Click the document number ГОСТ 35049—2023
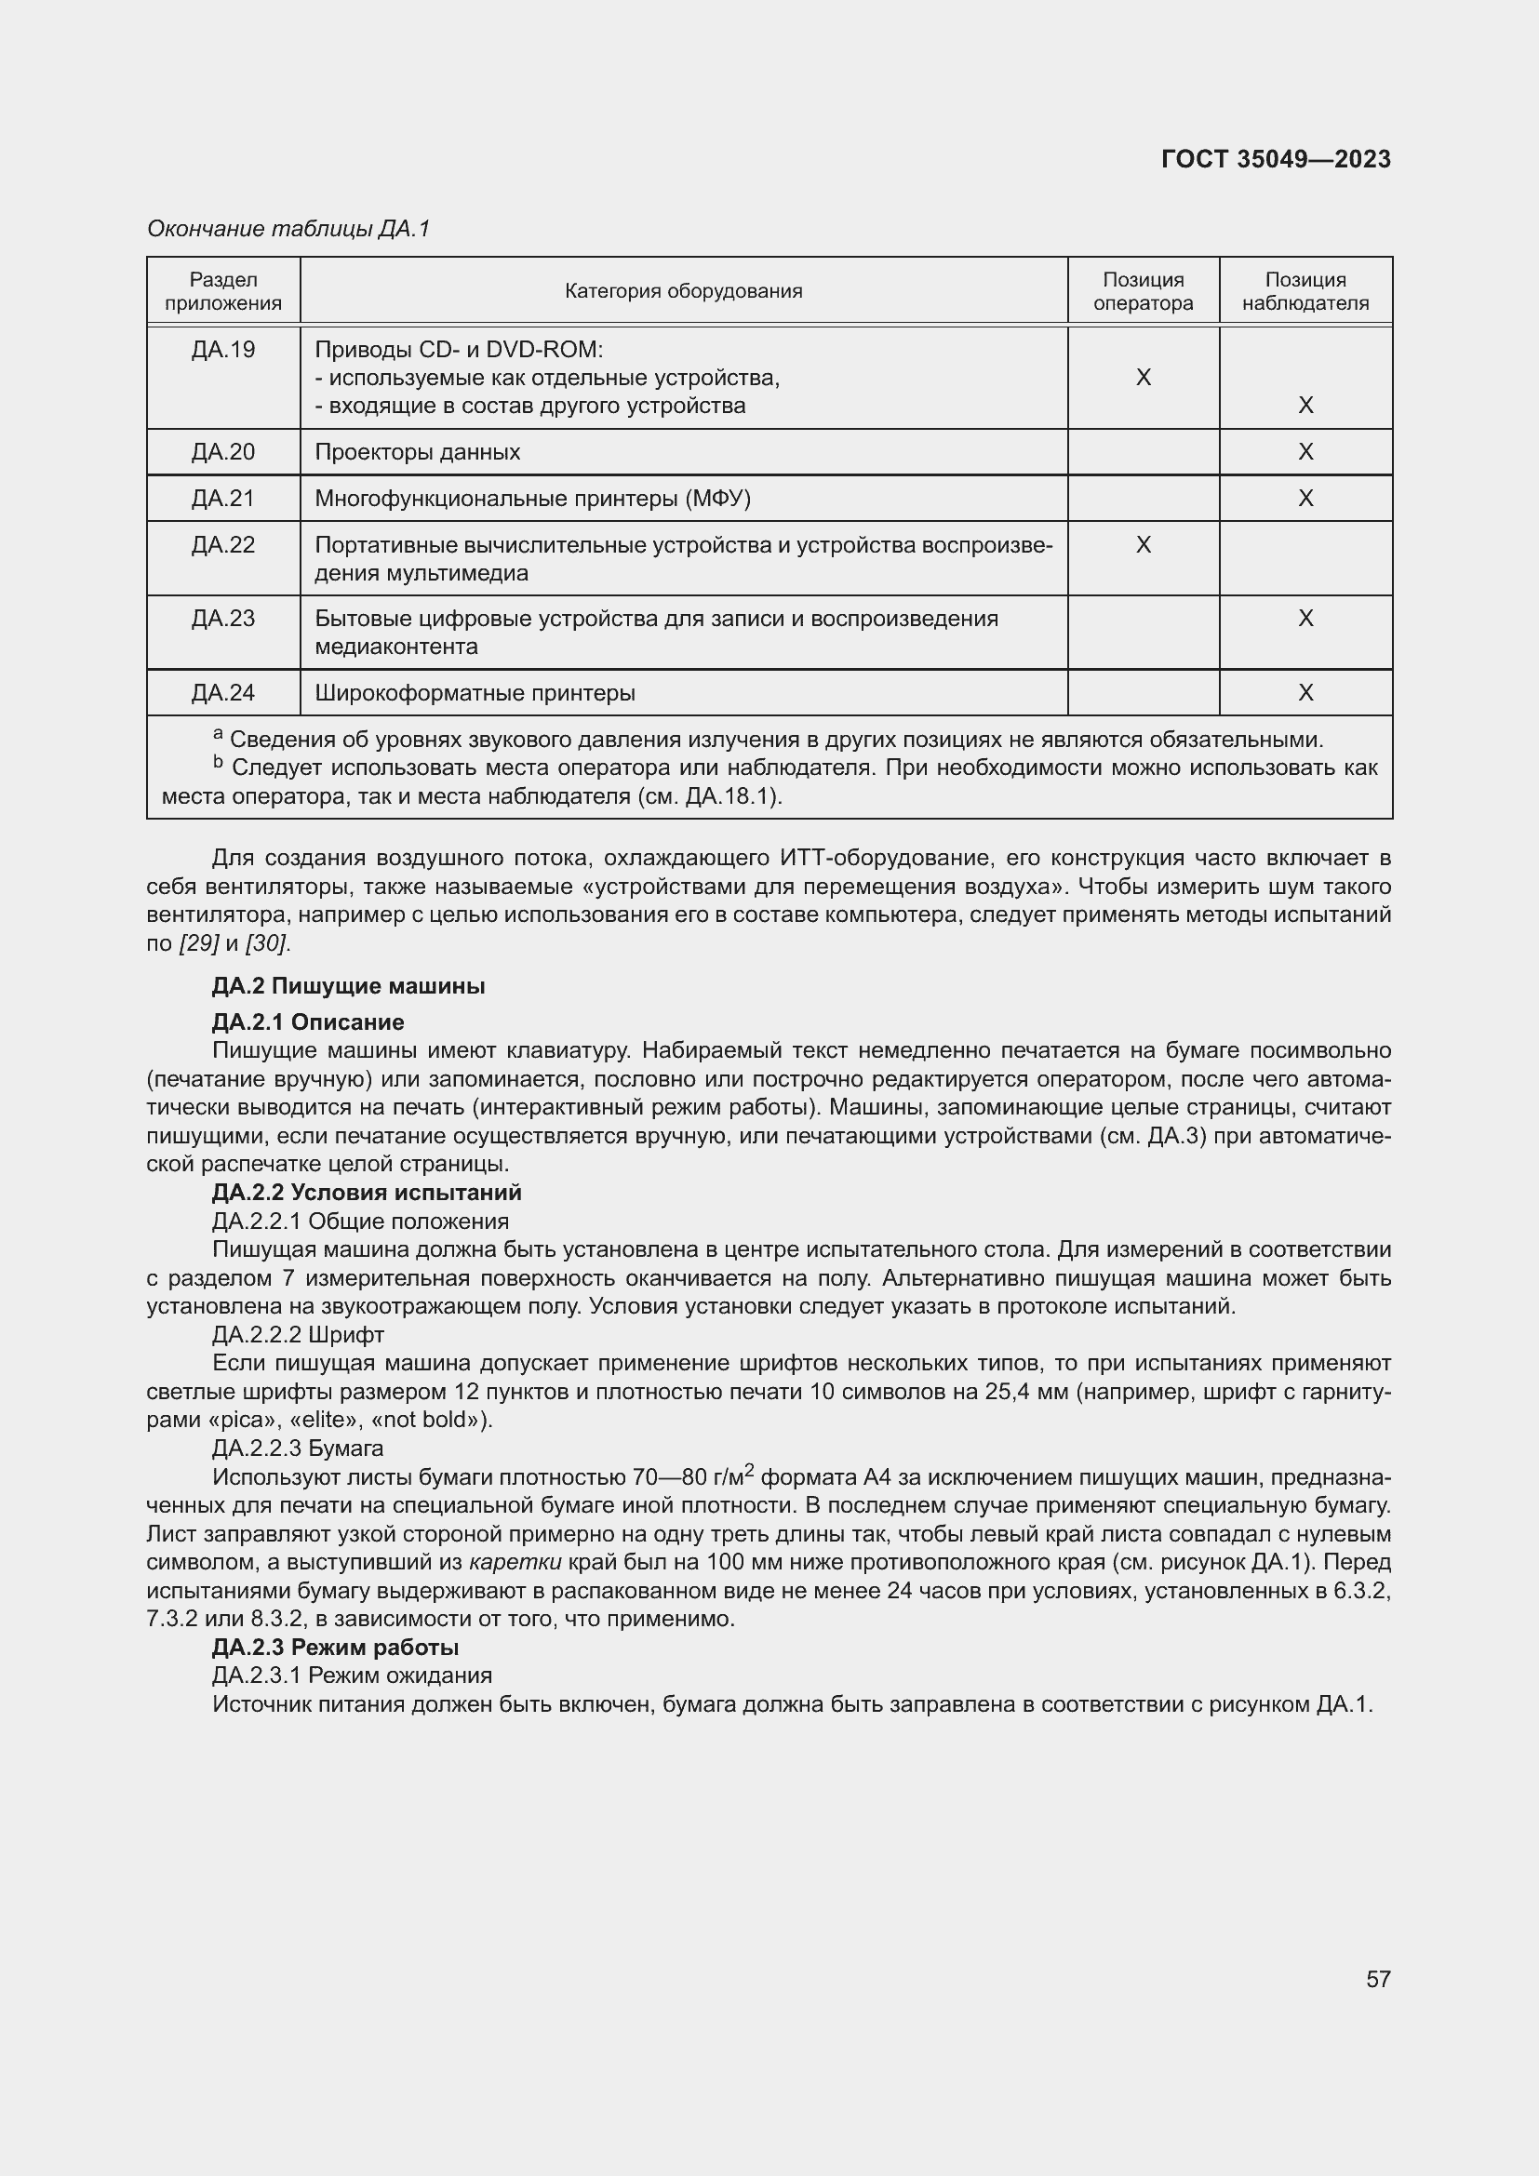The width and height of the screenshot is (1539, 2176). [1276, 159]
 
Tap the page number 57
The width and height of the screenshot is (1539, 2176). [1378, 1979]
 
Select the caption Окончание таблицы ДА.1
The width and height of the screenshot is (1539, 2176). [288, 229]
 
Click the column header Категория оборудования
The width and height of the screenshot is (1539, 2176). [683, 291]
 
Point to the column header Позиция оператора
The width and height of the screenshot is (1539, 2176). [1143, 291]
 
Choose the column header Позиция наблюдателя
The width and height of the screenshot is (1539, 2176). [1305, 291]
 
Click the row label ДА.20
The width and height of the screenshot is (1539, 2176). [223, 452]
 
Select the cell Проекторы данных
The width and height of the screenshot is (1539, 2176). [417, 452]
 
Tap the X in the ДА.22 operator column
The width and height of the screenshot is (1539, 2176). [1143, 545]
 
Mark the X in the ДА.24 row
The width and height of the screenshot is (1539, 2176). [1305, 693]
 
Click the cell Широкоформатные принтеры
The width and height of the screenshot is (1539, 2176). [475, 693]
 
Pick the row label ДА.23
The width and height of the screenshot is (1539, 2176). [223, 619]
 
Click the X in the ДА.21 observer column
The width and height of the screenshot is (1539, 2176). [1305, 499]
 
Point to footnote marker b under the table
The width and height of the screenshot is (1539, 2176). [217, 762]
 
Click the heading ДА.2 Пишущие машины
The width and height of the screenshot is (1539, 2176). [348, 985]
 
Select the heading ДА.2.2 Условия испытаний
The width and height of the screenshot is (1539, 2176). [367, 1193]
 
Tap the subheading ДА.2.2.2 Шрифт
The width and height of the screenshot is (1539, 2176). [298, 1334]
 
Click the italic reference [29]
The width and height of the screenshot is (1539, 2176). [199, 944]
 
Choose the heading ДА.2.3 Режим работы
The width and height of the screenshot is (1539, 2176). [336, 1648]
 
